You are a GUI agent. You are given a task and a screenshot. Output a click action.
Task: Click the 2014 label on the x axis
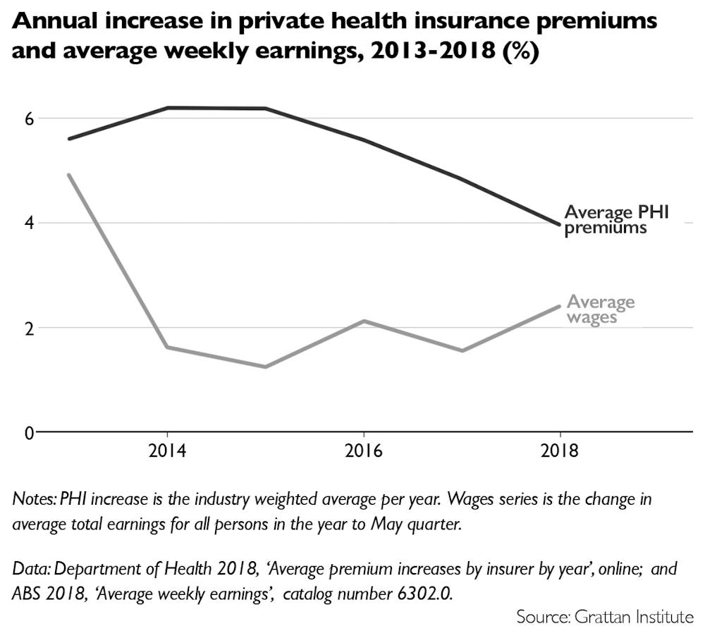167,452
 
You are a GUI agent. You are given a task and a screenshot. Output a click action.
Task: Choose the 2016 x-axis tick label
363,452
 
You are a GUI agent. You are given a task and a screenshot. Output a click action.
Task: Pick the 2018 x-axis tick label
560,452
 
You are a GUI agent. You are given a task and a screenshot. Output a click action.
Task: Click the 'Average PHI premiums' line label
615,219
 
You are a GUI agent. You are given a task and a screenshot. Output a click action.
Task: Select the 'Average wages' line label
601,309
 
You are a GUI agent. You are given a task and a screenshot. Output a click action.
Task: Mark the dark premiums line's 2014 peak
167,108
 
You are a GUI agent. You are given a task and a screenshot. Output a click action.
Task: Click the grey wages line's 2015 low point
265,367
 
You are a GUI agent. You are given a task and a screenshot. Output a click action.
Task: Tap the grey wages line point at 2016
363,321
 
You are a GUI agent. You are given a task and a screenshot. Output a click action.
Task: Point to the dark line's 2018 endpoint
560,225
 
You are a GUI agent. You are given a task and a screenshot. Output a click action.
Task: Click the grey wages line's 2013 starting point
69,174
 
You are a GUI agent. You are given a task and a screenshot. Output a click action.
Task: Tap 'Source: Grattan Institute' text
605,618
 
